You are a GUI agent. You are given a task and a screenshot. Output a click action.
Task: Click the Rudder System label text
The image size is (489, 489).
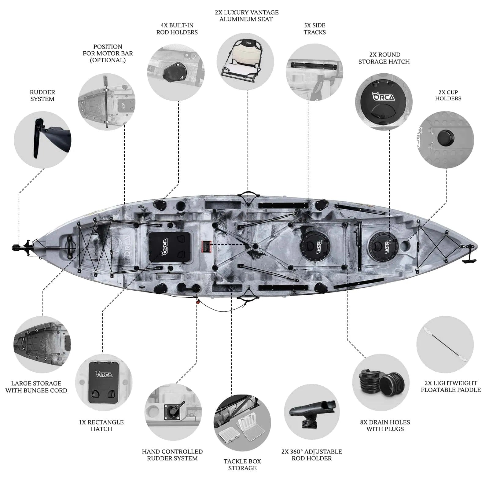(42, 95)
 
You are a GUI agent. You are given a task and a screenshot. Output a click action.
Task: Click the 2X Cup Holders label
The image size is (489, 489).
(448, 95)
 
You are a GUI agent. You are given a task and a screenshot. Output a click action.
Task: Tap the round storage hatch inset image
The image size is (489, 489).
(384, 101)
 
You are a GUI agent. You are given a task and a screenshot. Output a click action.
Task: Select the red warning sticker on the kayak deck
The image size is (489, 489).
(207, 246)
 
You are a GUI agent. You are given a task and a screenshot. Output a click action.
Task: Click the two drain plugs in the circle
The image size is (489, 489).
(381, 382)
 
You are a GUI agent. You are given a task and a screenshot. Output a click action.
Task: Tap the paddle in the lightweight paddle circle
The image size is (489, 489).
(445, 344)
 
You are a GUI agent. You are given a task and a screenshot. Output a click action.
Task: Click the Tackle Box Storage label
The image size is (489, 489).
(242, 465)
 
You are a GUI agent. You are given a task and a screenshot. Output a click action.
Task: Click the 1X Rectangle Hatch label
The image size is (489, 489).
(101, 425)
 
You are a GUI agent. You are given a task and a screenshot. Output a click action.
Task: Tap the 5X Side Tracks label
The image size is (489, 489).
(315, 29)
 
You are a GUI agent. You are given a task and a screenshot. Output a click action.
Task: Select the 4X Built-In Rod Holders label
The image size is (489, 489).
(177, 29)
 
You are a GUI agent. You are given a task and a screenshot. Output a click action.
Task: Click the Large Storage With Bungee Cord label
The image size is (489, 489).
(36, 387)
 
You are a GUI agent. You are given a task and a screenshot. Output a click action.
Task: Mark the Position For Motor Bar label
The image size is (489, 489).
(108, 53)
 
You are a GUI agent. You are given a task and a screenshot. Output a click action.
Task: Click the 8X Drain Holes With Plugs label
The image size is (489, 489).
(385, 425)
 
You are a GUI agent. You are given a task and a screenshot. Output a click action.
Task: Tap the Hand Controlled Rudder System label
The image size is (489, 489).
(172, 455)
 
